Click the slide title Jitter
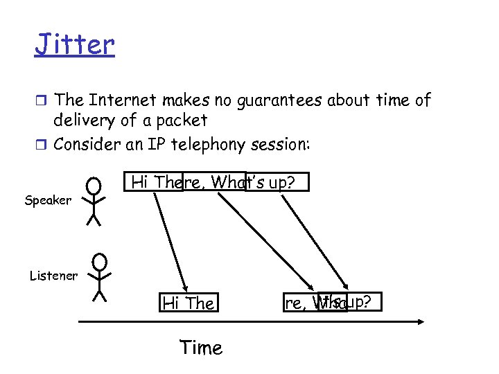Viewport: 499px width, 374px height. [x=75, y=44]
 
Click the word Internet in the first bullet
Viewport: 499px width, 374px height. [x=120, y=100]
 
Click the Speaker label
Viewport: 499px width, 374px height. [x=48, y=200]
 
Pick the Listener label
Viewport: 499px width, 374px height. [x=53, y=276]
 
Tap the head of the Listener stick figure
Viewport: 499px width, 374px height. [x=100, y=262]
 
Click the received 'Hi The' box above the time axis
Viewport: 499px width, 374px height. [x=188, y=303]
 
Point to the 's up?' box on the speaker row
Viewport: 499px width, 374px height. [x=277, y=182]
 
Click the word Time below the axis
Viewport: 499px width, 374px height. [x=201, y=347]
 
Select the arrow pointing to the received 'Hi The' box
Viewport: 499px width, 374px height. [x=170, y=239]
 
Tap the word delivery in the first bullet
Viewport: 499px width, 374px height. [x=84, y=121]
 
